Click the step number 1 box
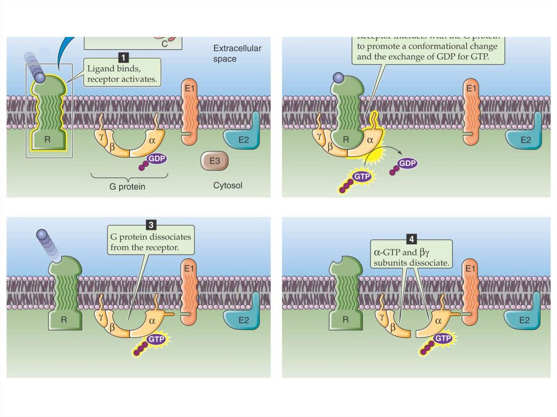123,56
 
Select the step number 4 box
411,238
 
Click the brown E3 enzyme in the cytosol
214,161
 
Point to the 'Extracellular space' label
237,53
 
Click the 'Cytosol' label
227,185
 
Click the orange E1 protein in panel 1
189,111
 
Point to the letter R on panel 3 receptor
64,320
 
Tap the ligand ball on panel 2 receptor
337,78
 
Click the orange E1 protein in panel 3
189,292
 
